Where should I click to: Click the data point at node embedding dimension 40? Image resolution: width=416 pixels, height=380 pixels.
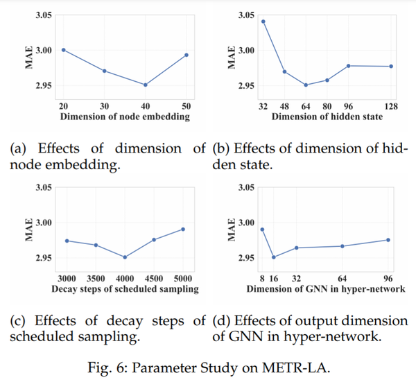145,85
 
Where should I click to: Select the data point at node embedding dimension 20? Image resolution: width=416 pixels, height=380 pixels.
63,50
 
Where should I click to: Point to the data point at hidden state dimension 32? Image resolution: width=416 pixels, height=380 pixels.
263,21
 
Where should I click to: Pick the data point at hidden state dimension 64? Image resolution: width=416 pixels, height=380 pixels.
306,85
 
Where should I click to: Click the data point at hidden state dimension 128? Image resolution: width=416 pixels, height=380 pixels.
392,67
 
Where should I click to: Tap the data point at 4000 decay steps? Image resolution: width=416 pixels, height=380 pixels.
125,257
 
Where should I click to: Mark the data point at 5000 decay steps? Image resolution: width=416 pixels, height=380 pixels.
183,229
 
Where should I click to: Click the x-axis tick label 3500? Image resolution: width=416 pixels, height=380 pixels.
96,275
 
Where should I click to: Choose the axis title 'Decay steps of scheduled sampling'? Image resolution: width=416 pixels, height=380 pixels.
125,287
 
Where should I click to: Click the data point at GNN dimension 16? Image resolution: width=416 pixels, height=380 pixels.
274,257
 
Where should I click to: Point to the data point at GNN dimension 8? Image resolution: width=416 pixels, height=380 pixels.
263,230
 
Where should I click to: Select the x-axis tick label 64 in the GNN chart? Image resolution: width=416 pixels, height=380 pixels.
343,275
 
